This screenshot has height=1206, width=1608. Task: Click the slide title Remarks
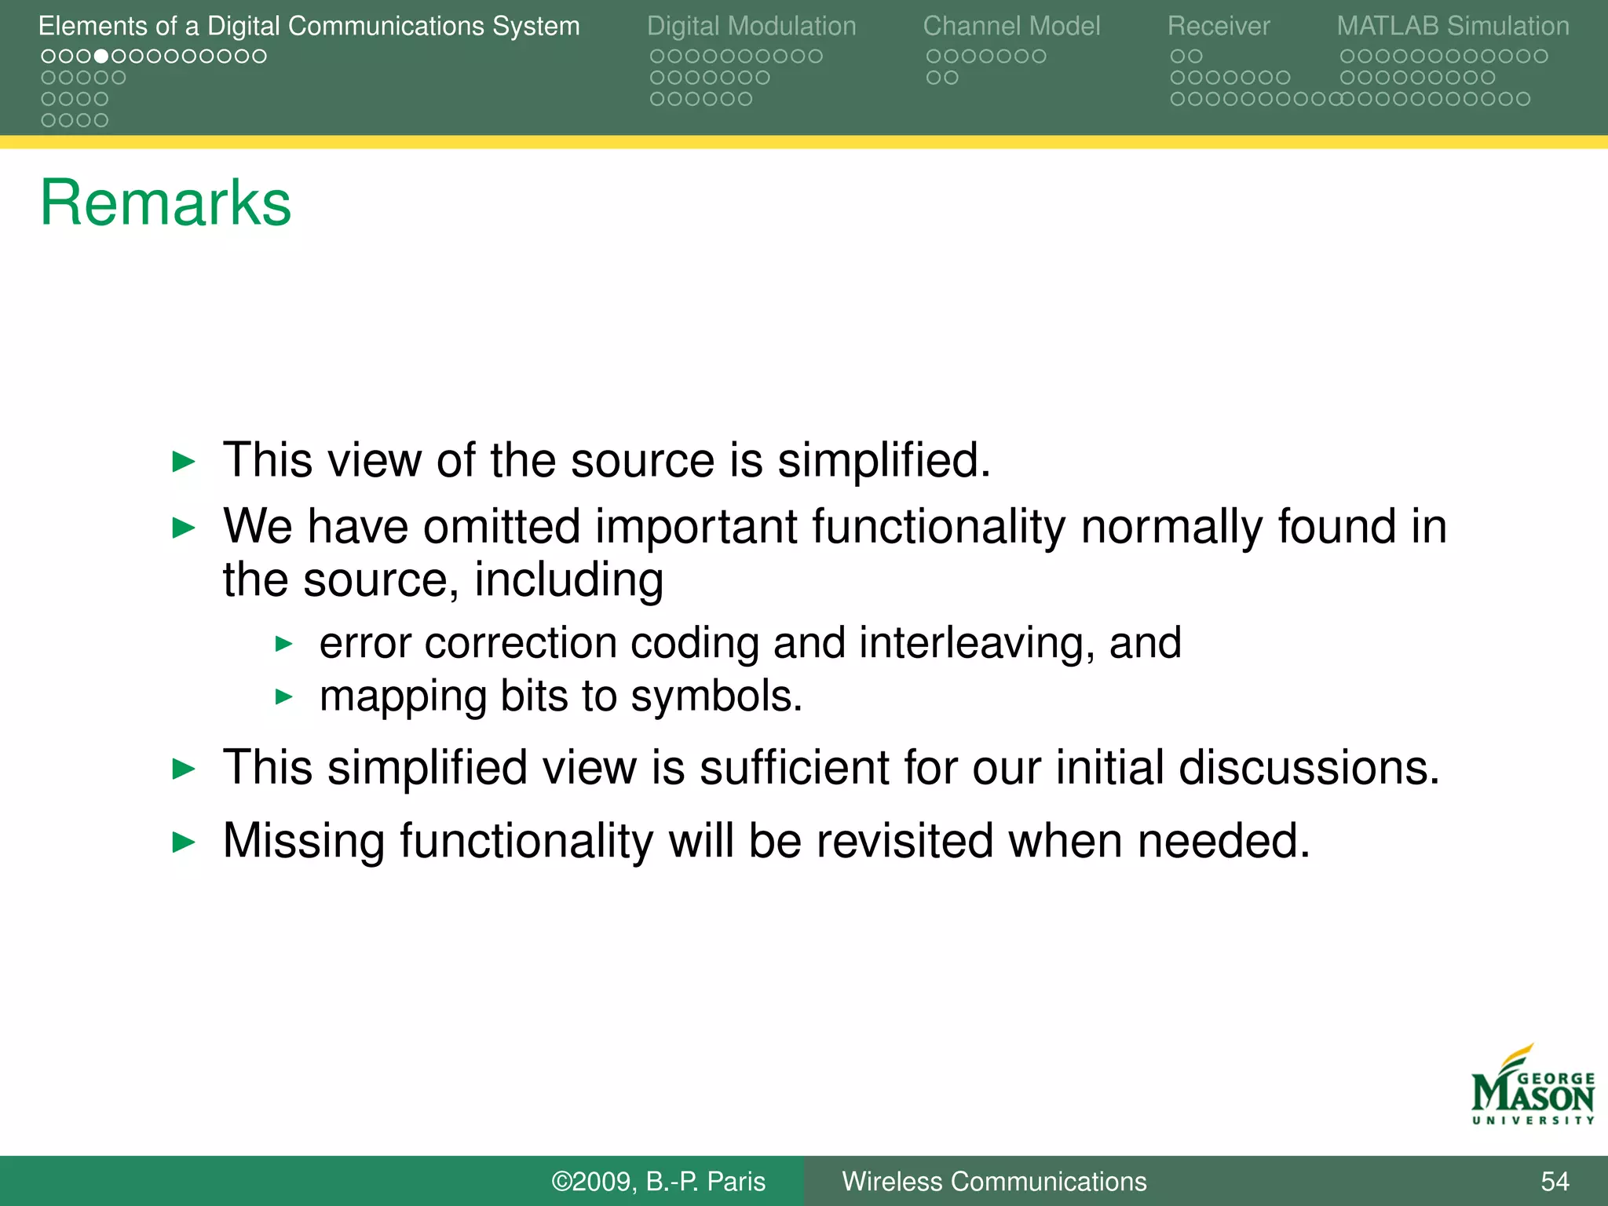pyautogui.click(x=166, y=203)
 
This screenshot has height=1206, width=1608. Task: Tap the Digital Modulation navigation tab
pyautogui.click(x=751, y=27)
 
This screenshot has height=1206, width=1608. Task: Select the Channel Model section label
pyautogui.click(x=1011, y=27)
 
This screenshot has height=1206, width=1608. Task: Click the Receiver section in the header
pyautogui.click(x=1218, y=27)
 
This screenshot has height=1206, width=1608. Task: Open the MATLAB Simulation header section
pyautogui.click(x=1453, y=27)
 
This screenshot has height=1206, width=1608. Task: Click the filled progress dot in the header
pyautogui.click(x=101, y=57)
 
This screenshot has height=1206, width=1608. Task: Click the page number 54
pyautogui.click(x=1555, y=1182)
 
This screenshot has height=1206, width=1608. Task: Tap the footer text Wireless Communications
pyautogui.click(x=994, y=1182)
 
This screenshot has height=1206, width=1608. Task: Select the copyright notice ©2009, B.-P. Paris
pyautogui.click(x=658, y=1182)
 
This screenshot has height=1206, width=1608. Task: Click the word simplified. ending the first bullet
pyautogui.click(x=884, y=460)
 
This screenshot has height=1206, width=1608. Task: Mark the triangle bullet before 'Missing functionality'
pyautogui.click(x=184, y=842)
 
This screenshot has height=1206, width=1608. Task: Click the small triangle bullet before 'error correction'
pyautogui.click(x=284, y=645)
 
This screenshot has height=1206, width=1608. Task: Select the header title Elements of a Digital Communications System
pyautogui.click(x=309, y=27)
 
